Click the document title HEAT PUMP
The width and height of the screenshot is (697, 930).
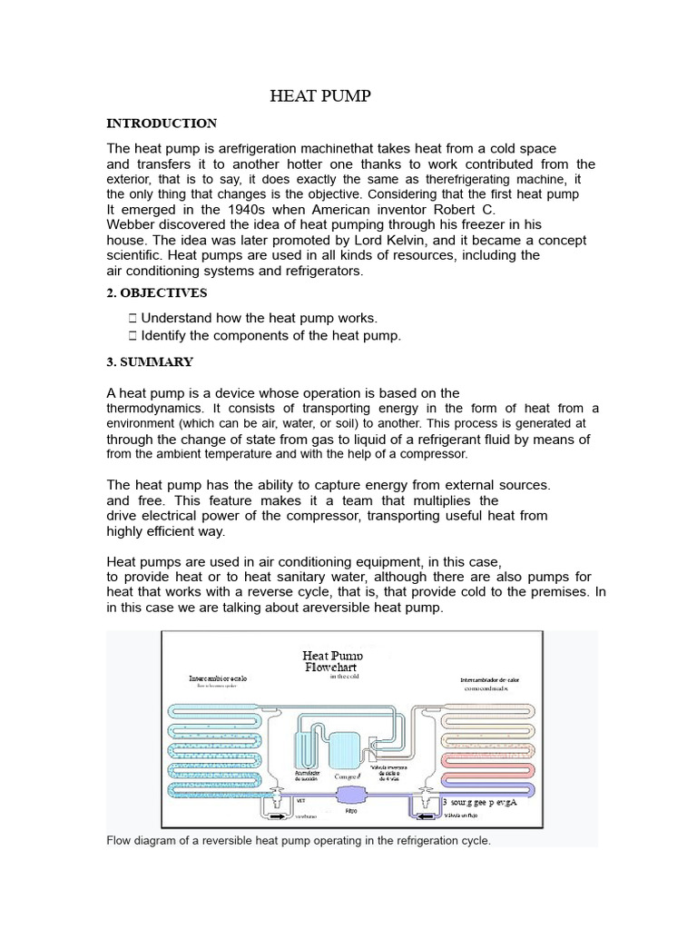pos(321,96)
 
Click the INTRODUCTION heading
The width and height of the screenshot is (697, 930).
pos(162,124)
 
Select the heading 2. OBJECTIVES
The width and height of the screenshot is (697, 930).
pos(157,293)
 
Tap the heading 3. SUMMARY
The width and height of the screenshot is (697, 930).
pos(150,361)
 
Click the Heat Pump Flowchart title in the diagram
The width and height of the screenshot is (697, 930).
pos(332,660)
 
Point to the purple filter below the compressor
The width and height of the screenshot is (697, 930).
pos(350,794)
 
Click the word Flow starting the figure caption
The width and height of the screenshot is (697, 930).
pos(120,841)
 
